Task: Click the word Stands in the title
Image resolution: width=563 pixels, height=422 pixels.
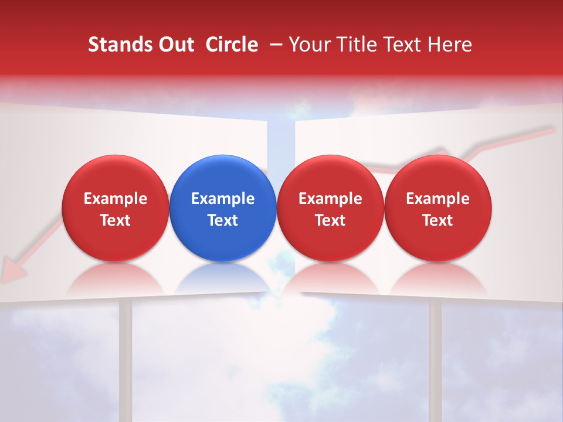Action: pos(118,45)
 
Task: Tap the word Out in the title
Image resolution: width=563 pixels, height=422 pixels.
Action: pos(174,45)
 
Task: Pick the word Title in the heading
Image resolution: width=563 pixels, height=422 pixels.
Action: pos(357,45)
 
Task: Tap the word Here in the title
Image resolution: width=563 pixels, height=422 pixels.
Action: pos(450,45)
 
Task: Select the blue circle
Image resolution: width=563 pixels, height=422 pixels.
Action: pos(223,208)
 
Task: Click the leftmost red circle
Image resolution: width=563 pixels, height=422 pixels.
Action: pos(115,208)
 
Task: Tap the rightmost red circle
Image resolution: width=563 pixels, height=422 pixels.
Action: pos(437,208)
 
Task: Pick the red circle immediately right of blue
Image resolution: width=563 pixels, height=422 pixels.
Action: pos(330,208)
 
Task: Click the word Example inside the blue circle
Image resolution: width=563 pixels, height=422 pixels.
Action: pos(223,199)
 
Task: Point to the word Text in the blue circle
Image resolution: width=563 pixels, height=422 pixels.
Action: pos(223,220)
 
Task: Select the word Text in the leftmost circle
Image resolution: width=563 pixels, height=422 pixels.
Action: pos(115,220)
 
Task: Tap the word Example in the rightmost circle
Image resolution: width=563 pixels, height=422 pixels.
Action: pos(437,199)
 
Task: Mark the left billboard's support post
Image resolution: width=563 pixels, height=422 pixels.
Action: pos(126,358)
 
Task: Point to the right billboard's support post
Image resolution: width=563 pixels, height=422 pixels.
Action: pos(435,358)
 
